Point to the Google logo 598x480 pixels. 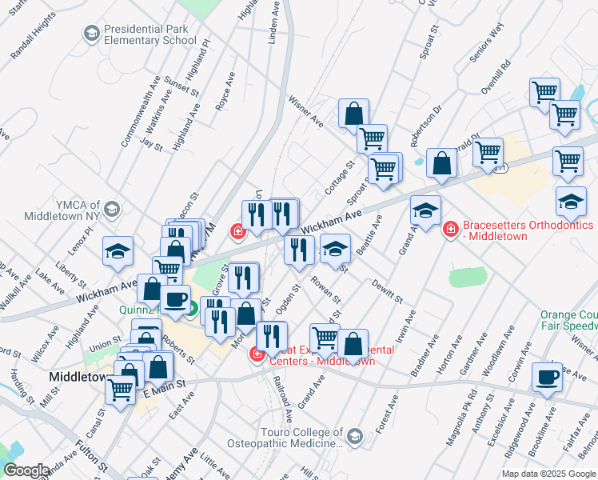point(26,470)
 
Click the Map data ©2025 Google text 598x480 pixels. point(548,474)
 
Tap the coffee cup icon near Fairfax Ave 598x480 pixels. point(548,378)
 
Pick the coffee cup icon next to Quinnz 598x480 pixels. point(176,302)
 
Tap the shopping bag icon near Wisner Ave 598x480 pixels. point(353,114)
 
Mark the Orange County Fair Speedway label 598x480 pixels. point(568,321)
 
